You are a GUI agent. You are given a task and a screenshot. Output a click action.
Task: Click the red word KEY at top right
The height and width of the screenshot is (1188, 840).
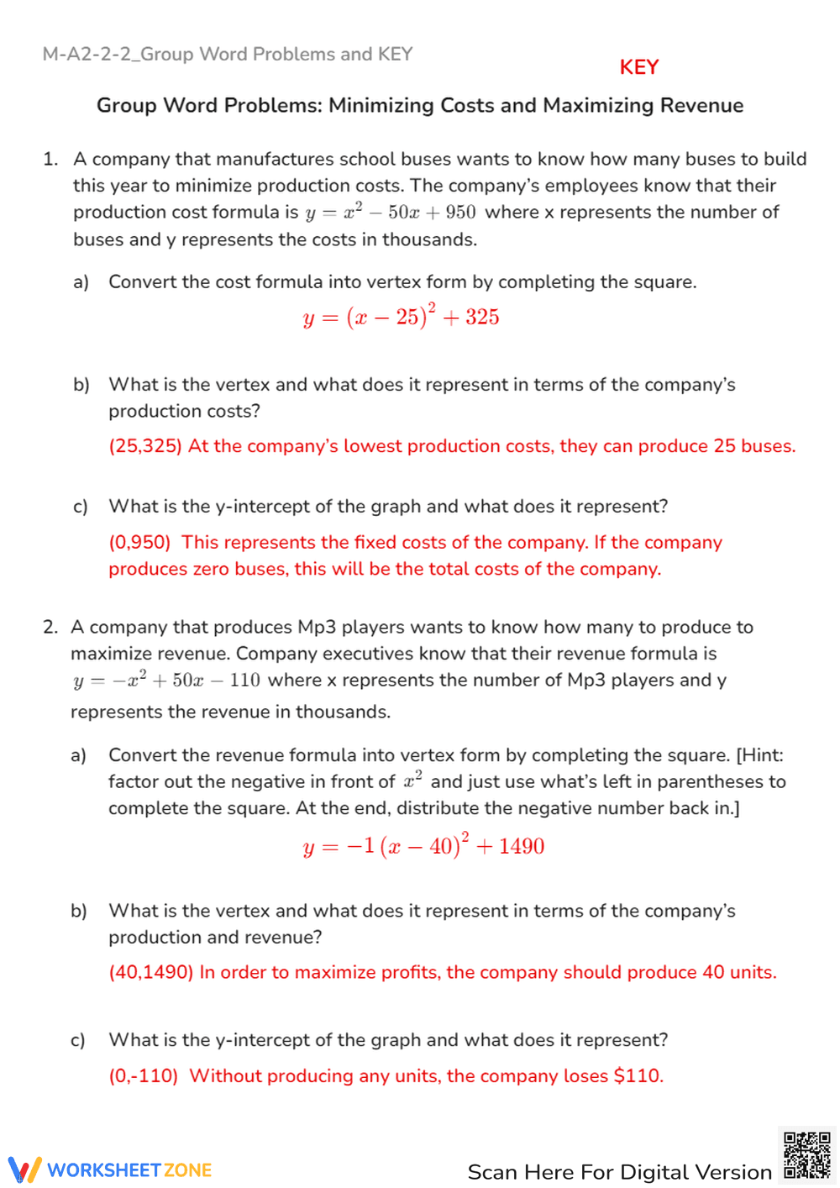[x=638, y=67]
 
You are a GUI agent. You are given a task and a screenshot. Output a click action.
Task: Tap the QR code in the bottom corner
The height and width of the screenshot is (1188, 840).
[x=807, y=1155]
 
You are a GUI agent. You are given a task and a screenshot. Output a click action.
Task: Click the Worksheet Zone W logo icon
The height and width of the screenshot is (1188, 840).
[x=24, y=1170]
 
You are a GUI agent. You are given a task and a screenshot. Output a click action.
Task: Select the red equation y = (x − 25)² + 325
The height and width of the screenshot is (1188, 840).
[x=401, y=317]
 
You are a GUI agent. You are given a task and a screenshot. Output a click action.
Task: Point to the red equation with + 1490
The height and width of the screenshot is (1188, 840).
[x=423, y=845]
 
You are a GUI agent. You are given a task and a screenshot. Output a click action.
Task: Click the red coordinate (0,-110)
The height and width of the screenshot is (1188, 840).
[x=144, y=1075]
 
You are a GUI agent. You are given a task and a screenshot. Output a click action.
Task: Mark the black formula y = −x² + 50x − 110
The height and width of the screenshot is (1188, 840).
[x=166, y=680]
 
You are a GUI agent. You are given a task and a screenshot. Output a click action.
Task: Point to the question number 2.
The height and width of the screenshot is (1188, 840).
[x=50, y=627]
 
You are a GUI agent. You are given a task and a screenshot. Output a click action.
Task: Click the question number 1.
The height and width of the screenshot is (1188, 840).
[x=50, y=159]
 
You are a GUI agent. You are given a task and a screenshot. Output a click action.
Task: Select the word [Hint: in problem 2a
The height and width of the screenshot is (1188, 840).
[x=759, y=754]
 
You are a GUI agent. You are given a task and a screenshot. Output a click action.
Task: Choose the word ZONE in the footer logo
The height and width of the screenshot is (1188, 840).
[x=187, y=1170]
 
